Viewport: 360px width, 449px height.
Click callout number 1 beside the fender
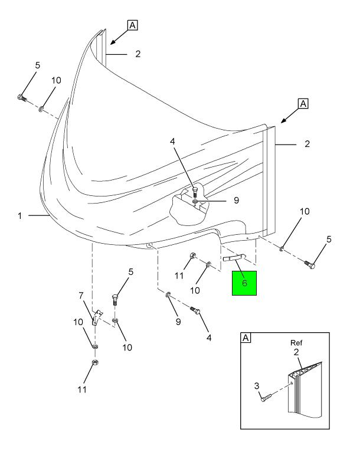pos(20,216)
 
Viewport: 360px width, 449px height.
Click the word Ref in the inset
pos(296,343)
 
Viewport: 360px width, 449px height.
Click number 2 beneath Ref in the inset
pos(296,352)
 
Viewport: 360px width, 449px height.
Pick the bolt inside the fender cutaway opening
pos(194,192)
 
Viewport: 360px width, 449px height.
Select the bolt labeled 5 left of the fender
pos(21,97)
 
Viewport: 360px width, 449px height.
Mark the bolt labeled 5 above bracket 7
pos(116,300)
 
